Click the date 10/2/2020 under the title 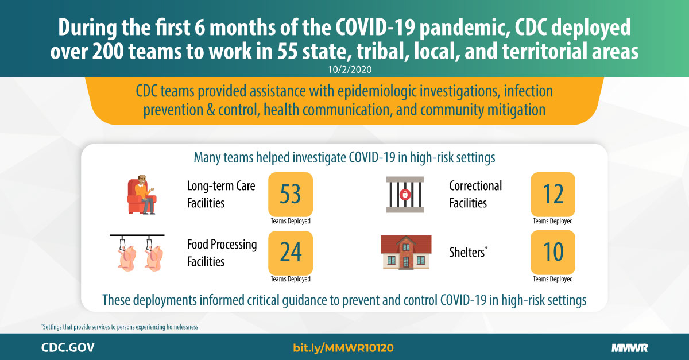[350, 69]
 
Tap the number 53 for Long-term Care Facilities [291, 194]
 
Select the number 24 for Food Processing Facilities [291, 252]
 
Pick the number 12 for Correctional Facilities [553, 194]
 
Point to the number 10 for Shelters [553, 252]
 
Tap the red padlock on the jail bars [405, 195]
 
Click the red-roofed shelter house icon [406, 252]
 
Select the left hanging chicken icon [126, 254]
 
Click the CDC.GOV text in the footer [68, 348]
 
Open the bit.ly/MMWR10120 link [343, 348]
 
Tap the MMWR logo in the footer [630, 348]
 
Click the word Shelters [467, 252]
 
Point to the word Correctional [475, 186]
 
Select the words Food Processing [222, 245]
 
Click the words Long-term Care [221, 186]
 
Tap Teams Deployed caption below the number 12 [553, 221]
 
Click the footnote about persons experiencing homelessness [119, 327]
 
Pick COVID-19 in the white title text [376, 28]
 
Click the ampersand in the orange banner [211, 110]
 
